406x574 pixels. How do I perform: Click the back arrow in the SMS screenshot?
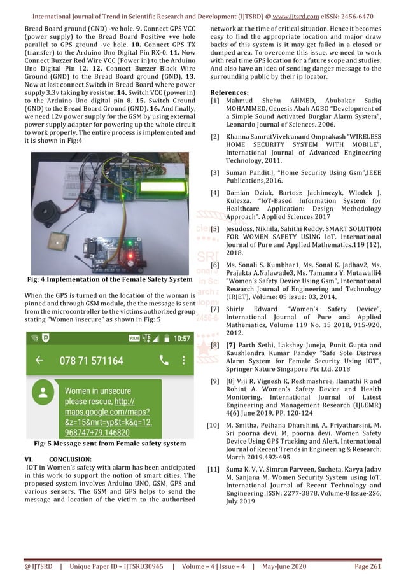click(x=39, y=361)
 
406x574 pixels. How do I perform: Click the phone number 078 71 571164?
click(x=91, y=361)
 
